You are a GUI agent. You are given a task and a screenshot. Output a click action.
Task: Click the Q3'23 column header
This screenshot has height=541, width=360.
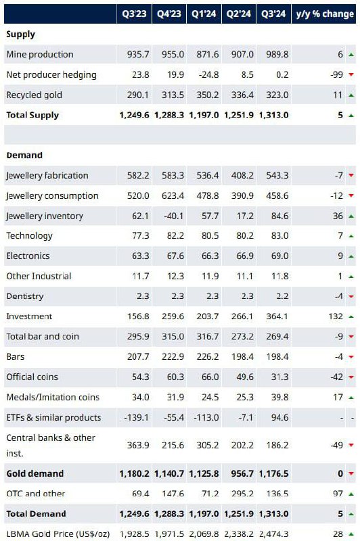click(x=134, y=14)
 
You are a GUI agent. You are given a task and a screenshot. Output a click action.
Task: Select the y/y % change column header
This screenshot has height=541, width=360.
click(x=325, y=14)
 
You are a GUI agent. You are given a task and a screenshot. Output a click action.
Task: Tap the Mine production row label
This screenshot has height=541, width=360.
click(x=40, y=54)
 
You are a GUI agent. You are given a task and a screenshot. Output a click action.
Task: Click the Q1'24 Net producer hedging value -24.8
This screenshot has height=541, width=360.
click(x=208, y=74)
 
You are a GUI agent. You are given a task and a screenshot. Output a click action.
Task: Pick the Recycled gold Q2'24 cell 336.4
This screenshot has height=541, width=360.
click(x=242, y=95)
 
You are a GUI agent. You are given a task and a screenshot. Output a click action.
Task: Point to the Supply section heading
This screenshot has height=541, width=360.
click(x=21, y=34)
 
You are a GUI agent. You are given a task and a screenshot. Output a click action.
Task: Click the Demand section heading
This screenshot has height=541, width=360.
click(x=24, y=156)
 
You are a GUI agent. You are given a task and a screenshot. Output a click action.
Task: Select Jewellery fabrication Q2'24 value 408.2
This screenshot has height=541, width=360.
click(x=242, y=175)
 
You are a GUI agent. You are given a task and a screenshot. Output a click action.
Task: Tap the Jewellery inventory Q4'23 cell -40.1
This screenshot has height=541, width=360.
click(x=174, y=216)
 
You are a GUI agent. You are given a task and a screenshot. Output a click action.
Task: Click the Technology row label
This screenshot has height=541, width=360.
click(x=29, y=236)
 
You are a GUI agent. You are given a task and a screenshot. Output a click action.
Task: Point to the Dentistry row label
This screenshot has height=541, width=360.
click(x=25, y=296)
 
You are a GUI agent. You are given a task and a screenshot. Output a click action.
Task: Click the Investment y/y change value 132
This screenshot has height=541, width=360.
click(x=336, y=316)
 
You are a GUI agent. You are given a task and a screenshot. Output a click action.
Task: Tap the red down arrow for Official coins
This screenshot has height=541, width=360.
click(x=351, y=377)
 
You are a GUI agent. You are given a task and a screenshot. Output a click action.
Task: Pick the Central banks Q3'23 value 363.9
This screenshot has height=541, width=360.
click(x=138, y=445)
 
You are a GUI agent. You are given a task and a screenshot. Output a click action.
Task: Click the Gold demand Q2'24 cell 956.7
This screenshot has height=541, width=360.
click(x=242, y=473)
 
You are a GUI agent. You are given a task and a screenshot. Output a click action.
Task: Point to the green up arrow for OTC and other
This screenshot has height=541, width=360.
click(x=351, y=494)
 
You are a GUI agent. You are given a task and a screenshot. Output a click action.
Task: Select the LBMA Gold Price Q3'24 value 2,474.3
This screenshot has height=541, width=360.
click(x=273, y=534)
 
